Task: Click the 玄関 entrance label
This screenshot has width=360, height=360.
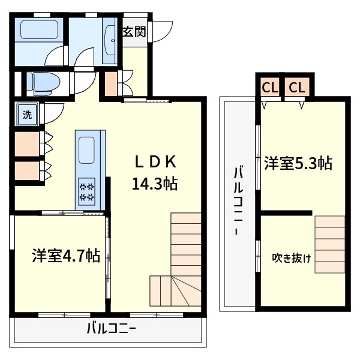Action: [x=134, y=32]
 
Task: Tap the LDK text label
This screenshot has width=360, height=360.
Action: [x=154, y=161]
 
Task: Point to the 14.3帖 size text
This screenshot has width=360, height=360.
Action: [x=154, y=184]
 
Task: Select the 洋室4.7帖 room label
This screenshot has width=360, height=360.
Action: [x=65, y=256]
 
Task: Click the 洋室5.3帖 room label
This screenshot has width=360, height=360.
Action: [x=298, y=163]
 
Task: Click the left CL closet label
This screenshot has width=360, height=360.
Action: [x=269, y=88]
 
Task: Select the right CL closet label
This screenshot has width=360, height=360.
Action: [x=296, y=88]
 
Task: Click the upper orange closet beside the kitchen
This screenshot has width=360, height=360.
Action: [x=26, y=143]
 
